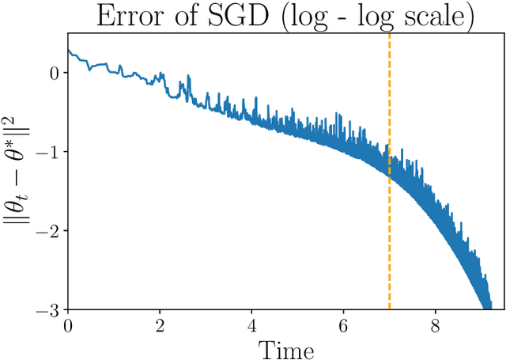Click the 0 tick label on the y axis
pyautogui.click(x=54, y=73)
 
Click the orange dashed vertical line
pyautogui.click(x=390, y=237)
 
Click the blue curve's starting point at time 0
pyautogui.click(x=69, y=51)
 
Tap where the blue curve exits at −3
pyautogui.click(x=487, y=307)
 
